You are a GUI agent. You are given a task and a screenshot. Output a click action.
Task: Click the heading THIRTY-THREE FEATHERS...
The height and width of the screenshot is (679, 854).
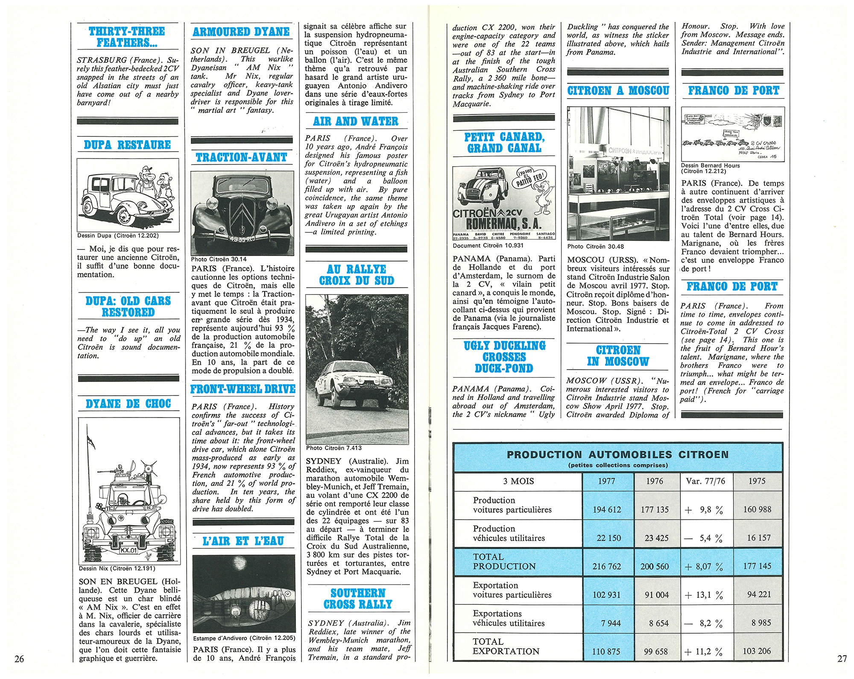click(x=127, y=37)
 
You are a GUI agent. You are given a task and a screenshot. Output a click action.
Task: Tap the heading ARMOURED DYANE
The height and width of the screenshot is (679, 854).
click(x=241, y=32)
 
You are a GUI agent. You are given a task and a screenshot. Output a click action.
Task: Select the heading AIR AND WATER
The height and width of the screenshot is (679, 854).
click(x=356, y=121)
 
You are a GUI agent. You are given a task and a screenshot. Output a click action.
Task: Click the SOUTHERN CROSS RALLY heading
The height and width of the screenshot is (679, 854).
click(x=358, y=599)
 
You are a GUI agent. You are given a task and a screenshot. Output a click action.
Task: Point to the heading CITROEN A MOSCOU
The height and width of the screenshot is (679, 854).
click(x=618, y=91)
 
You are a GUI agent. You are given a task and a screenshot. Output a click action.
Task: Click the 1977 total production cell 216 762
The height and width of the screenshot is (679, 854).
click(x=606, y=566)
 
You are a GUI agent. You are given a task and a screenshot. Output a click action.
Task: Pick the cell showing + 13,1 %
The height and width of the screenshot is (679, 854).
click(x=704, y=594)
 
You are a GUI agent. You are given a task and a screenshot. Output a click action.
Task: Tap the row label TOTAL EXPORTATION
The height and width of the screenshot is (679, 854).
click(x=506, y=646)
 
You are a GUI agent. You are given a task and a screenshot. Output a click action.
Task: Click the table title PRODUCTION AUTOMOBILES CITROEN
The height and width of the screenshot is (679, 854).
click(x=617, y=455)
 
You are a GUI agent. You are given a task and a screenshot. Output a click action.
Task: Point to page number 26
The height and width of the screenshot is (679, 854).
click(x=19, y=658)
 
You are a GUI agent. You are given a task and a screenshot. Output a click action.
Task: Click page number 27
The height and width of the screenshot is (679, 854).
click(x=842, y=658)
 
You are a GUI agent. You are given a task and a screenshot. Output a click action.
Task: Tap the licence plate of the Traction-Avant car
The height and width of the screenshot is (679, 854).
click(x=242, y=239)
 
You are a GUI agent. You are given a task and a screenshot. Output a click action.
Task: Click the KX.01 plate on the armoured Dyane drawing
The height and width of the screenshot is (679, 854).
click(x=129, y=550)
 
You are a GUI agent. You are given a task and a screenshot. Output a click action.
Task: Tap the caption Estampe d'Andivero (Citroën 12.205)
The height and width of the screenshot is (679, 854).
click(x=244, y=638)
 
